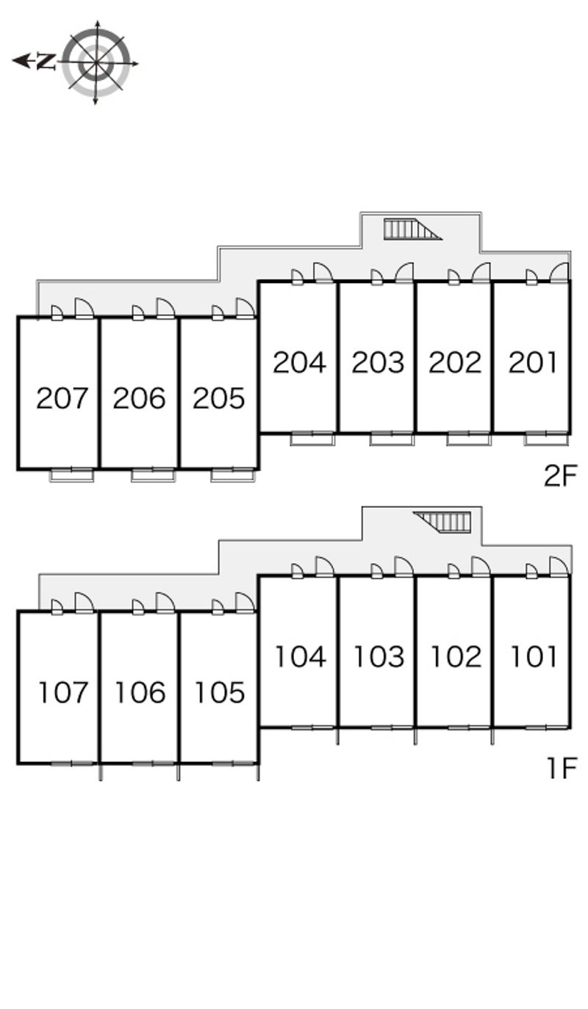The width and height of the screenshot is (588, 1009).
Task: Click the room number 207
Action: pyautogui.click(x=62, y=398)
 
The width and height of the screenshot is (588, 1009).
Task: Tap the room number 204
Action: pyautogui.click(x=299, y=362)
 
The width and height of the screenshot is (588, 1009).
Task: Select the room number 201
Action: pyautogui.click(x=533, y=362)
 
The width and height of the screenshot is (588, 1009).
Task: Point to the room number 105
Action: pyautogui.click(x=220, y=692)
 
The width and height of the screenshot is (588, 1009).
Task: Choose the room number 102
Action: pyautogui.click(x=456, y=656)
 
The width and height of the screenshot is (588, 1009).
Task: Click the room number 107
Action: pyautogui.click(x=62, y=692)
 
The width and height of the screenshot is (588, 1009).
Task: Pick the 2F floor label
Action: pyautogui.click(x=560, y=475)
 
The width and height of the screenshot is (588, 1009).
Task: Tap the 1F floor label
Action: pyautogui.click(x=562, y=768)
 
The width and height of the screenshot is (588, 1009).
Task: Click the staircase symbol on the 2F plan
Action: pyautogui.click(x=412, y=229)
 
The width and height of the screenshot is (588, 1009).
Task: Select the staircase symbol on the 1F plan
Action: pyautogui.click(x=442, y=522)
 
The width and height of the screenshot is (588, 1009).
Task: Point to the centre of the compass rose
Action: pyautogui.click(x=96, y=62)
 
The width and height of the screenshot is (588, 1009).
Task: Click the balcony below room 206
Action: pyautogui.click(x=153, y=475)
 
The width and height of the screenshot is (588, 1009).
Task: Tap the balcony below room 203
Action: pyautogui.click(x=392, y=439)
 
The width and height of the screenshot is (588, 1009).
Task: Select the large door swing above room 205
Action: pyautogui.click(x=245, y=309)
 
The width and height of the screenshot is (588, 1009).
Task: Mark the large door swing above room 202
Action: pyautogui.click(x=481, y=273)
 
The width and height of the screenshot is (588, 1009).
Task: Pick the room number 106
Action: pyautogui.click(x=140, y=692)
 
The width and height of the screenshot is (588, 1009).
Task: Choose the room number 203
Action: pyautogui.click(x=378, y=362)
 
